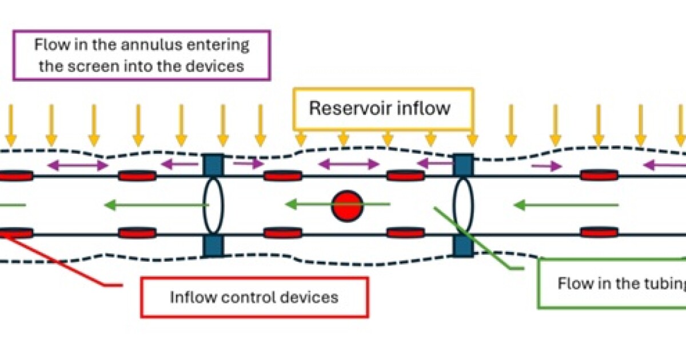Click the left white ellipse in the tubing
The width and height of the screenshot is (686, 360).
tap(213, 205)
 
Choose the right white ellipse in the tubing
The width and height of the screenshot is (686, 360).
tap(463, 205)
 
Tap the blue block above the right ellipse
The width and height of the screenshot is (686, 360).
tap(463, 165)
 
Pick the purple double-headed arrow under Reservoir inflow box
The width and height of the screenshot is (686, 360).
tap(348, 165)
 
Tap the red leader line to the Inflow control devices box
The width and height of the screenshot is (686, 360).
tap(63, 260)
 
